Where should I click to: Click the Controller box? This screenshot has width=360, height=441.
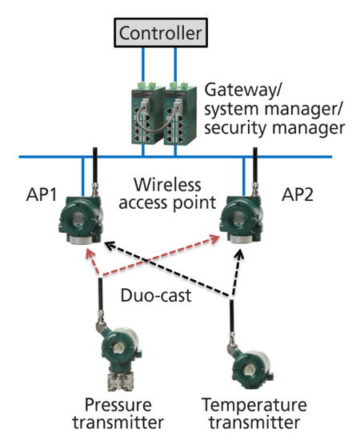click(161, 33)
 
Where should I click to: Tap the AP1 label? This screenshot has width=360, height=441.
click(42, 194)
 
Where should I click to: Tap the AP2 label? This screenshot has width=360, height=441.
click(298, 194)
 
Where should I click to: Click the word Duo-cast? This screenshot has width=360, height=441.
click(156, 295)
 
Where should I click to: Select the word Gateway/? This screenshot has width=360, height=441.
click(243, 90)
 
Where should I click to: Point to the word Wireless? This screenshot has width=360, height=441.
click(167, 185)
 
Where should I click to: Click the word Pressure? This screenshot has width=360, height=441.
click(118, 405)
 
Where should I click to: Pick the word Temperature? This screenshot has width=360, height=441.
click(254, 405)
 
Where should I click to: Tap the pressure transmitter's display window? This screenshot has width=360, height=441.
click(118, 347)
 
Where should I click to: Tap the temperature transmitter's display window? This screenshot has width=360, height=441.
click(249, 369)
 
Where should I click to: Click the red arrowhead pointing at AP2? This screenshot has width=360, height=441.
click(214, 239)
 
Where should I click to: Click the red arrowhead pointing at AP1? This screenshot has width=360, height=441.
click(90, 253)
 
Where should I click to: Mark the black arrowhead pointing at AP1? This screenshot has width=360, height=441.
click(109, 246)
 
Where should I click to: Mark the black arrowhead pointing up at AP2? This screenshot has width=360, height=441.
click(239, 255)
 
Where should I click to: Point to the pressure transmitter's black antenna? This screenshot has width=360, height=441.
click(100, 295)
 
